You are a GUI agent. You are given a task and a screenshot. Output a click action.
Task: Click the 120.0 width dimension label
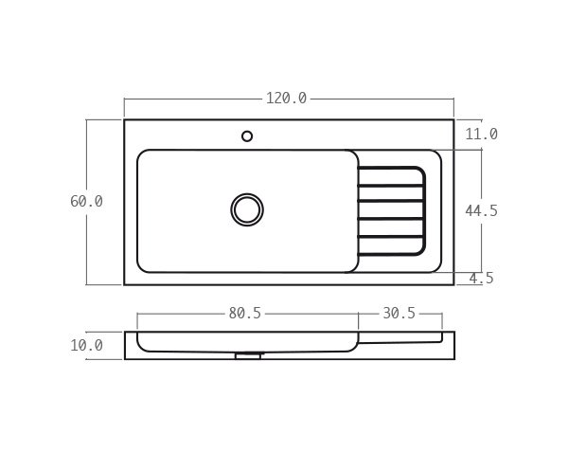[x=286, y=99]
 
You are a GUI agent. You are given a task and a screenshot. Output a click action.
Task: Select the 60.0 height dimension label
[x=86, y=202]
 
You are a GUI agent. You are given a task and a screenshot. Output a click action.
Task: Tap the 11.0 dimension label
[x=481, y=135]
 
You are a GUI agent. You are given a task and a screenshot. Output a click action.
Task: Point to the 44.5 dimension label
[x=481, y=211]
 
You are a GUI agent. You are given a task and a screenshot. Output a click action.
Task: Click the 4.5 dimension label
[x=481, y=279]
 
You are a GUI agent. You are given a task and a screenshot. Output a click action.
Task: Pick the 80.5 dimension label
[x=244, y=314]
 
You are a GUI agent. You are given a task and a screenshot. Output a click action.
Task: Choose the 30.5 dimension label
[x=399, y=314]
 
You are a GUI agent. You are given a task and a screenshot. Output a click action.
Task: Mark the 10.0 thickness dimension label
[x=86, y=346]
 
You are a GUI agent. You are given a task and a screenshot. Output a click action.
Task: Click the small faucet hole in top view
[x=247, y=136]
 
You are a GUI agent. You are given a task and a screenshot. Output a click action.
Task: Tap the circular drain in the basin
[x=247, y=209]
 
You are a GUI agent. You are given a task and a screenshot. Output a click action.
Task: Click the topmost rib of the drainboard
[x=390, y=170]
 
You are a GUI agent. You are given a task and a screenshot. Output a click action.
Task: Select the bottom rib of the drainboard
[x=390, y=253]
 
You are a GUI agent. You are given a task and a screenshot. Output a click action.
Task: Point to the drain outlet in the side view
[x=247, y=356]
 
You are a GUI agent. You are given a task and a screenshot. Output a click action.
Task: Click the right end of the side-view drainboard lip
[x=440, y=337]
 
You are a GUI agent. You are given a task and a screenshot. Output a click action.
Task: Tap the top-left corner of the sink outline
[x=125, y=120]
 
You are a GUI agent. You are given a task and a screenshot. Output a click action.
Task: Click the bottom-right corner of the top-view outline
[x=453, y=284]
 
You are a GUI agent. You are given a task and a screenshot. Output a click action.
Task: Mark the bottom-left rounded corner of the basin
[x=141, y=268]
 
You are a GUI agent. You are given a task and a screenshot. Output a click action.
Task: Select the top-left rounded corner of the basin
[x=141, y=154]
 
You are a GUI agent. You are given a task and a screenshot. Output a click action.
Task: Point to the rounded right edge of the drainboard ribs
[x=423, y=210]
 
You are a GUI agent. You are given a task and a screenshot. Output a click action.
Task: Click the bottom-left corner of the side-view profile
[x=126, y=358]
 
